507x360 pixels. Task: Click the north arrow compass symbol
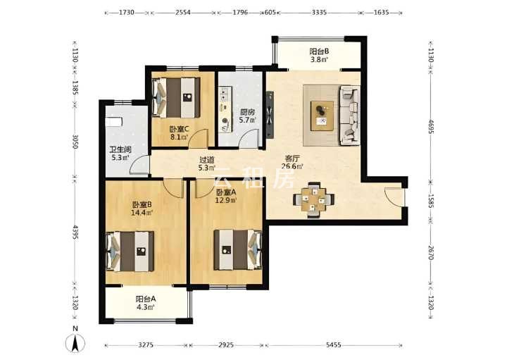tap(75, 342)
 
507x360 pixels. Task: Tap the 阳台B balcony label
tap(319, 51)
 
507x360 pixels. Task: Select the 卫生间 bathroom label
tap(120, 150)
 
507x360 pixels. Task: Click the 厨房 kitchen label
tap(247, 113)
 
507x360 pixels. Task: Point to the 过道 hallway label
tap(207, 160)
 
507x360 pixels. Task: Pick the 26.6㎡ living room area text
tap(292, 166)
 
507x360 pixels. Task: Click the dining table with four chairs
tap(313, 200)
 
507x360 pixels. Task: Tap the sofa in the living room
tap(349, 115)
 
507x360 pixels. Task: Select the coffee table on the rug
tap(322, 116)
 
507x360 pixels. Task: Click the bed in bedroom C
tap(176, 98)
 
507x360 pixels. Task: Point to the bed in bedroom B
tap(130, 252)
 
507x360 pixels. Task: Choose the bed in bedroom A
tap(238, 249)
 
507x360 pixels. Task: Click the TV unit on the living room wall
tap(270, 115)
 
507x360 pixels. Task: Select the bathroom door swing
tap(139, 165)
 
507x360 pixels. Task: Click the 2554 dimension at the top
tap(182, 13)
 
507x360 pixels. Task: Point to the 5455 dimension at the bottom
tap(333, 345)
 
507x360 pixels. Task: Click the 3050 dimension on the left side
tap(75, 142)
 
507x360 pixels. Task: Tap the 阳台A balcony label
tap(146, 299)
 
